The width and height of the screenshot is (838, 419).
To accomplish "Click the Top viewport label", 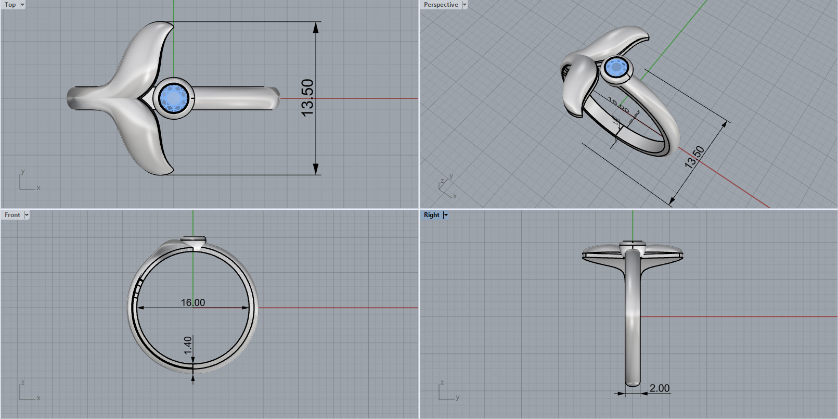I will [x=10, y=5].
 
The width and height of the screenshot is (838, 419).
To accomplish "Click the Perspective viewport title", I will [x=441, y=5].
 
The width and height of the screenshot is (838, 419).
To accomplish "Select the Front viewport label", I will [x=12, y=215].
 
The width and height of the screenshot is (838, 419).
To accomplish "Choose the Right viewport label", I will [x=431, y=215].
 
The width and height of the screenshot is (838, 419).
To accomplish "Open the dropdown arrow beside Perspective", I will [x=465, y=5].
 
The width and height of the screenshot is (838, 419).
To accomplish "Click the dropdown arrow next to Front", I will [x=27, y=215].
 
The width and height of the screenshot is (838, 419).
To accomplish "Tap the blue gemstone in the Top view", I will [x=174, y=98].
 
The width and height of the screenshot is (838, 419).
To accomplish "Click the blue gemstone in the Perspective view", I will [x=617, y=68].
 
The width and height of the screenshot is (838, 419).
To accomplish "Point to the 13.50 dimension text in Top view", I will [x=307, y=97].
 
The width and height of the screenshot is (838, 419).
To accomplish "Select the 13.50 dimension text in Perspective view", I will [x=694, y=157].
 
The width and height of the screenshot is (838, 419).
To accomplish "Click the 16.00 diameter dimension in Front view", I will [x=193, y=302].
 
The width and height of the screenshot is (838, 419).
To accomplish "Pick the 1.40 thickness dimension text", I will [x=188, y=345].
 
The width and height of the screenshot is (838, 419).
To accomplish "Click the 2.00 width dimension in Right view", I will [x=660, y=388].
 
